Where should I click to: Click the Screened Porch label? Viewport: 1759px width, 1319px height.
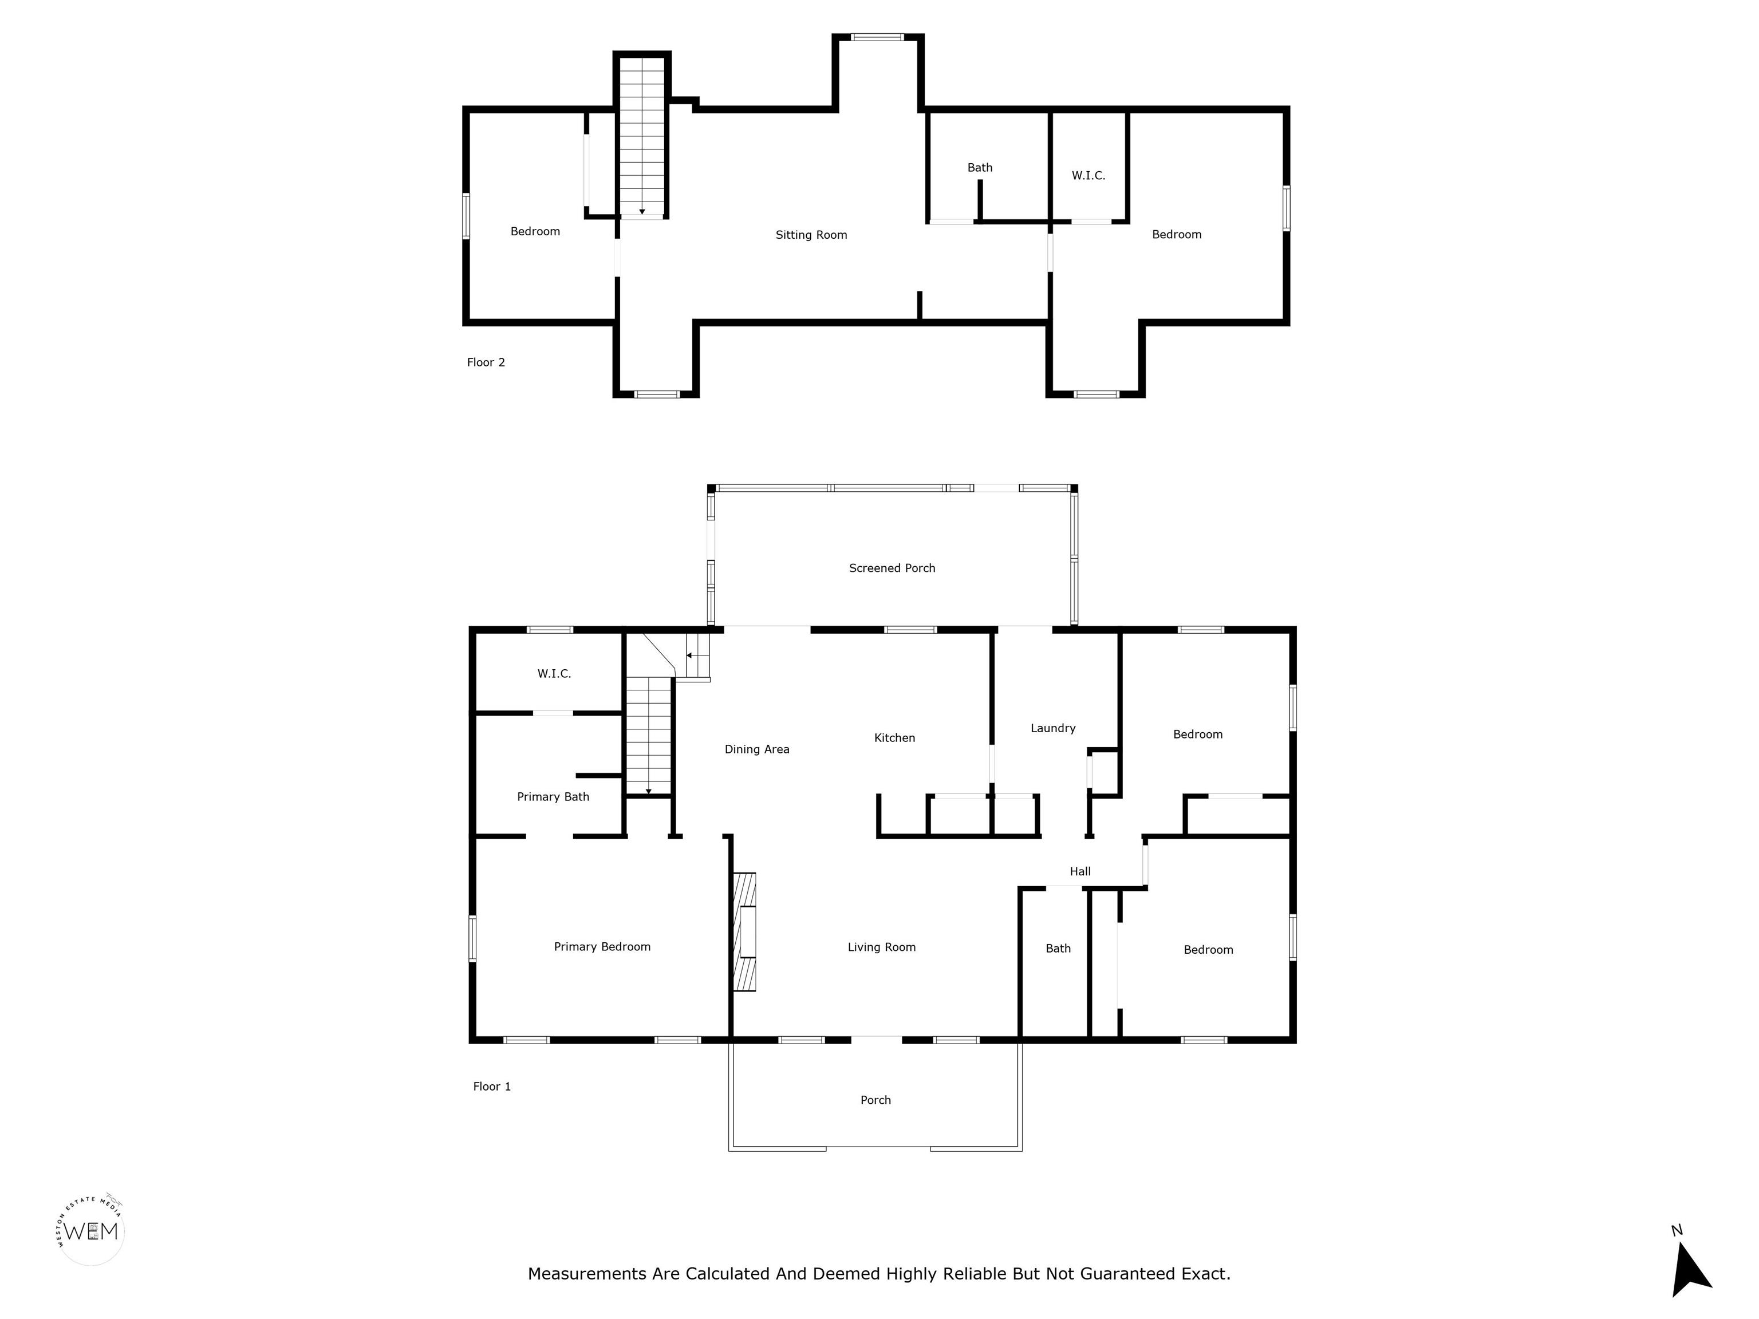(892, 568)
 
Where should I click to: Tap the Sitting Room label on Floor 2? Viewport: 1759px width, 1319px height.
(811, 235)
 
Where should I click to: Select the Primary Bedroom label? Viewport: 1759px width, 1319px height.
(602, 946)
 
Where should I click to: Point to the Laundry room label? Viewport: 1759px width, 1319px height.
(1053, 728)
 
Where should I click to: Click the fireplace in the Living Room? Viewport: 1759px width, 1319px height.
(744, 932)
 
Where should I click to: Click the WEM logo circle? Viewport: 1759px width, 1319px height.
(90, 1231)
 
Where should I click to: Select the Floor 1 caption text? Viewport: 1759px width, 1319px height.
(491, 1086)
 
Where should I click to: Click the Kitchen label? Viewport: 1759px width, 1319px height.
(894, 738)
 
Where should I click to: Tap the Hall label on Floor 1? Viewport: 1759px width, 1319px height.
(1080, 871)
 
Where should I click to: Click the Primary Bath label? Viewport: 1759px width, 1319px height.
(553, 797)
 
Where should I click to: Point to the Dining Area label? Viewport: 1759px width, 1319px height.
(756, 749)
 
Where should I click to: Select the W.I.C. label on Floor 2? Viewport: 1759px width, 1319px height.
(1088, 175)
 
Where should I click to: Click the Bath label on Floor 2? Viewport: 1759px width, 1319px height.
(980, 167)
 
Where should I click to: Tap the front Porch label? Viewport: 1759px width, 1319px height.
(875, 1100)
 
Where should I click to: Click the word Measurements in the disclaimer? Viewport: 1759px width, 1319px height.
(587, 1274)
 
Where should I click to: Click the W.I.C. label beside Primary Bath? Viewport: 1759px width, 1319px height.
(554, 673)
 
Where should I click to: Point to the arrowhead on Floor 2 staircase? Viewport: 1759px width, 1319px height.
(642, 211)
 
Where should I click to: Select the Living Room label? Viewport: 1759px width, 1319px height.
(881, 947)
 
